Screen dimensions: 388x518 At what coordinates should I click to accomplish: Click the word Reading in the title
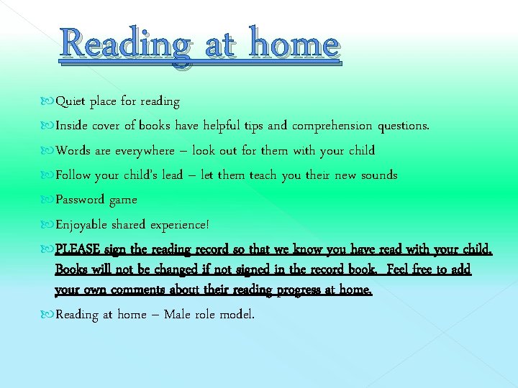click(x=127, y=45)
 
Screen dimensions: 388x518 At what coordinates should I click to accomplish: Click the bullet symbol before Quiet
click(x=48, y=101)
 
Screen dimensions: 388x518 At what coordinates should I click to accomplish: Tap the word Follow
click(x=73, y=175)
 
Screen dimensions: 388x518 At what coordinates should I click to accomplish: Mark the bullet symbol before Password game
click(x=48, y=200)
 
